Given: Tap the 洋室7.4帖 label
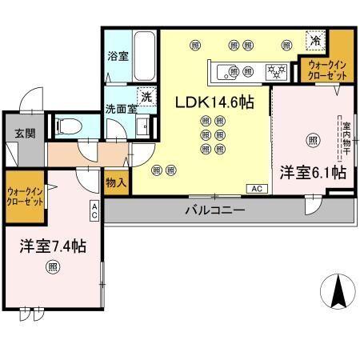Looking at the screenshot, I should tap(52, 246).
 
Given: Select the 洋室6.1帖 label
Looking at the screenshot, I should tap(312, 172).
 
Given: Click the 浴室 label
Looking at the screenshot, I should tap(118, 57).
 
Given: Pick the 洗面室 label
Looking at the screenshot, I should tap(118, 110).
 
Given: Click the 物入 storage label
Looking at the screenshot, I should tap(116, 182).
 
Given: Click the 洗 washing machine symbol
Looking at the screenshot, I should tap(146, 94).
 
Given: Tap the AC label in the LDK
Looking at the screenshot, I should tap(258, 189).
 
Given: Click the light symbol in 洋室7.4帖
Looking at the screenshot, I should tap(52, 266).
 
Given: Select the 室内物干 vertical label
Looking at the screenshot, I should tap(346, 137).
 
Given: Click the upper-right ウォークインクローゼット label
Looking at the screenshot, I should tap(328, 69).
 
